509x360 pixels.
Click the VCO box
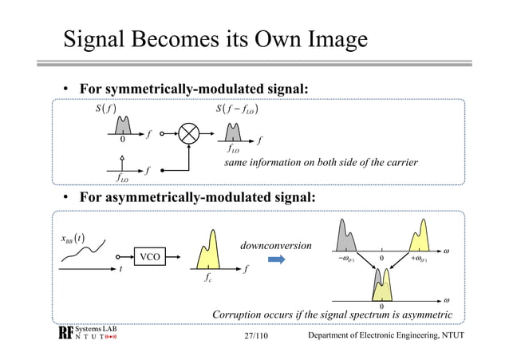pyautogui.click(x=148, y=257)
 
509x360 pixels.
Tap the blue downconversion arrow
pyautogui.click(x=276, y=259)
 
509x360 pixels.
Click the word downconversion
pyautogui.click(x=275, y=244)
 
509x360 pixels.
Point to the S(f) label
pyautogui.click(x=106, y=109)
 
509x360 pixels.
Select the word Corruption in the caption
pyautogui.click(x=242, y=315)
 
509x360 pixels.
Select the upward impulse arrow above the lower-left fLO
pyautogui.click(x=122, y=164)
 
